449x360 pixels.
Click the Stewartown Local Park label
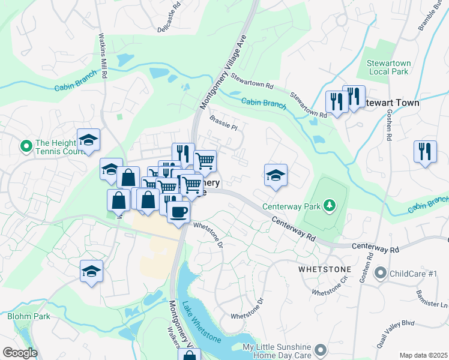coord(387,67)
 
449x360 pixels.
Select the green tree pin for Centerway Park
coord(329,206)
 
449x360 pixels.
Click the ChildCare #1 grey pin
coord(379,274)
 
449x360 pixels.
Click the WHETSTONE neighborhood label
coord(322,270)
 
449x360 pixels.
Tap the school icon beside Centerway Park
coord(276,175)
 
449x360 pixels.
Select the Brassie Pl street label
coord(224,124)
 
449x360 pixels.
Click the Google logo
coord(19,353)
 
